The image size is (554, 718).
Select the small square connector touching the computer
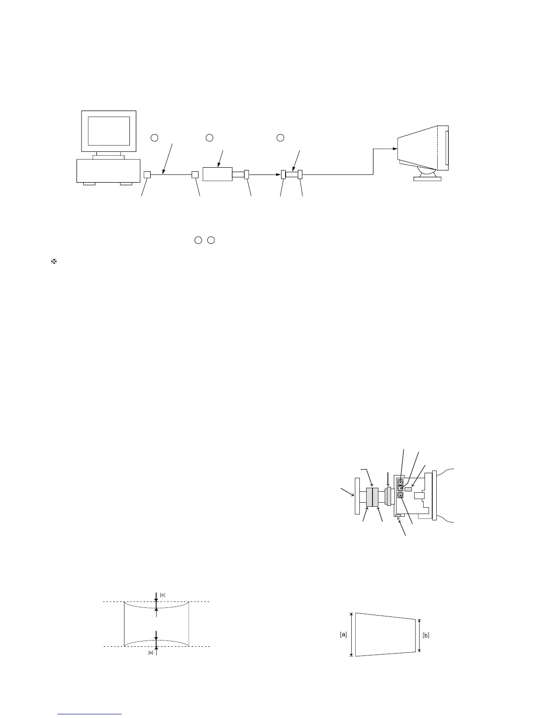pyautogui.click(x=147, y=175)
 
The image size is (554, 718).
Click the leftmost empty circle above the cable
pyautogui.click(x=154, y=137)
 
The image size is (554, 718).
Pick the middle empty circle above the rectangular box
pyautogui.click(x=209, y=137)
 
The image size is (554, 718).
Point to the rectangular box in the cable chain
pyautogui.click(x=217, y=174)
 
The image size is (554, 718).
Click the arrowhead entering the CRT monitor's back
pyautogui.click(x=395, y=149)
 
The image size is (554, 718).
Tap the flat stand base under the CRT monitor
pyautogui.click(x=427, y=178)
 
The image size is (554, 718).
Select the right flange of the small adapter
pyautogui.click(x=300, y=175)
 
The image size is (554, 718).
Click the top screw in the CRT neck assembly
pyautogui.click(x=401, y=482)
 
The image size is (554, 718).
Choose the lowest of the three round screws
pyautogui.click(x=401, y=496)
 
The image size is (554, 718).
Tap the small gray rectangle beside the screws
pyautogui.click(x=408, y=489)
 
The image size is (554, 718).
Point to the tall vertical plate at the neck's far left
pyautogui.click(x=357, y=496)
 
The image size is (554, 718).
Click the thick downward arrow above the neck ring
pyautogui.click(x=388, y=479)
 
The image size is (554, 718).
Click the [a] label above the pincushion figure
pyautogui.click(x=163, y=594)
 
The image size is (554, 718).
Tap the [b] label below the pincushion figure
pyautogui.click(x=151, y=653)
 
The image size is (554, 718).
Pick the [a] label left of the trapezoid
pyautogui.click(x=344, y=635)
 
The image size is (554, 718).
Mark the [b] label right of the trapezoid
pyautogui.click(x=426, y=635)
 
